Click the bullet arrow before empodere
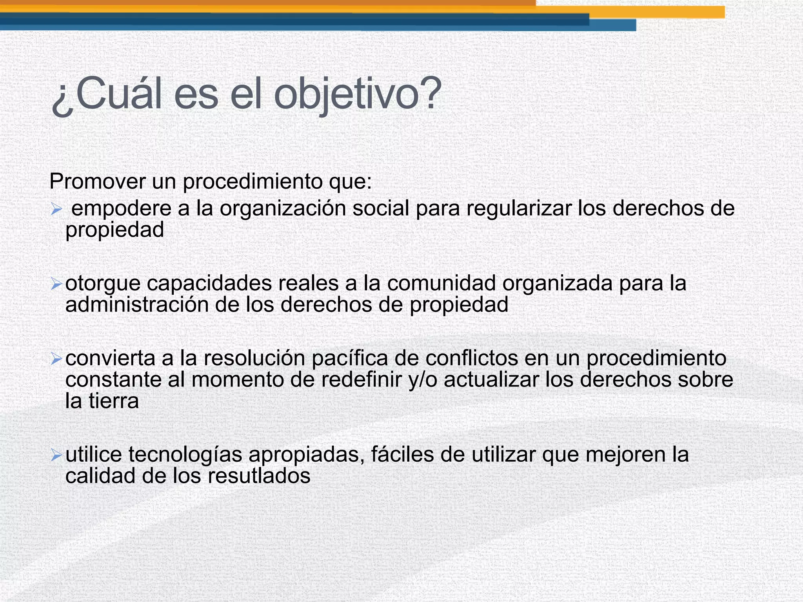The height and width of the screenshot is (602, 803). (56, 210)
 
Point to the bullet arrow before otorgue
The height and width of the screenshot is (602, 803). (56, 284)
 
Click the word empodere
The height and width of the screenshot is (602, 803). (122, 208)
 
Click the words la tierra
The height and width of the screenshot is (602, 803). (102, 401)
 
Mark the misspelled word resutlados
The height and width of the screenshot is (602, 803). (259, 476)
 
